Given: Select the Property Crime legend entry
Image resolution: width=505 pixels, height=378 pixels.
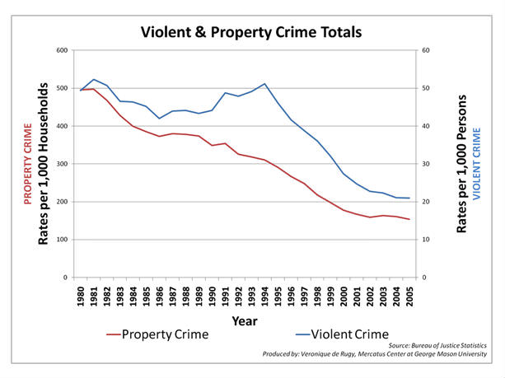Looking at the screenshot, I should (x=164, y=334).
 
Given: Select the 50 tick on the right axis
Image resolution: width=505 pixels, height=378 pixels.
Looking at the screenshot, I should (x=427, y=88).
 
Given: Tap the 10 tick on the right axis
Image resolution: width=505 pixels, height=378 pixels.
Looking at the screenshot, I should (x=427, y=240).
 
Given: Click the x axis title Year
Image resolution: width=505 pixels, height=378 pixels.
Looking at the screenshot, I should (x=244, y=320).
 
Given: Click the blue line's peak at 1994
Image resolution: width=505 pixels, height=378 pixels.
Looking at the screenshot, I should (x=264, y=83).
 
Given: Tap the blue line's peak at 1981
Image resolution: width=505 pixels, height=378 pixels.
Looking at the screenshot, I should (x=94, y=79).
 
